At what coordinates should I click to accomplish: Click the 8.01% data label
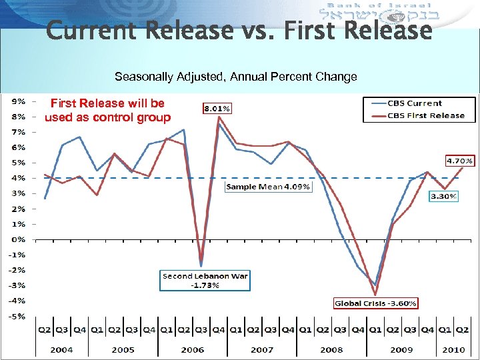(217, 107)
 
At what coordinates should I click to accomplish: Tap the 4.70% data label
(459, 161)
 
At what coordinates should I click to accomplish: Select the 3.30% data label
(443, 197)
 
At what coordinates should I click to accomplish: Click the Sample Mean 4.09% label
(268, 187)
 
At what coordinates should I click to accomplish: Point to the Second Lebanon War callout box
(205, 280)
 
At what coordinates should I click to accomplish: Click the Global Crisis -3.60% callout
(376, 303)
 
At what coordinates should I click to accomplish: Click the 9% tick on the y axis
(17, 101)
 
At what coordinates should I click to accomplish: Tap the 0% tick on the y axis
(17, 239)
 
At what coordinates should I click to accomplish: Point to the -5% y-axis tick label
(17, 316)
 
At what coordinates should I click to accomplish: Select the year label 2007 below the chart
(261, 349)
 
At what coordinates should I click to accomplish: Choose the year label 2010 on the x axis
(453, 349)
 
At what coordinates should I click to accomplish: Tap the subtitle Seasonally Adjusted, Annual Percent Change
(235, 77)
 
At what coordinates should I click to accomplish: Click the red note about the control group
(107, 111)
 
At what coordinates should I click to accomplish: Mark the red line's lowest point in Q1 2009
(375, 295)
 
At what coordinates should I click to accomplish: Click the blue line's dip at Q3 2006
(201, 266)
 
